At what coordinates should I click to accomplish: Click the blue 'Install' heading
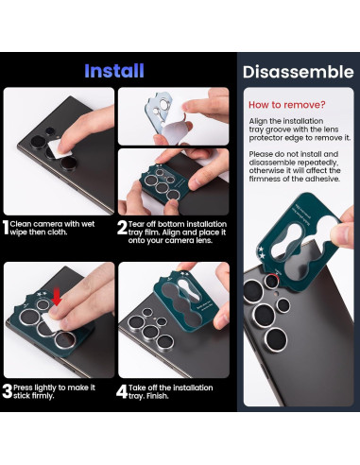(113, 71)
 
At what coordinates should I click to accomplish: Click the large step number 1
(6, 228)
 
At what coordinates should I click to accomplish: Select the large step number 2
(123, 228)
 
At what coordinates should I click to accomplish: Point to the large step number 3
(6, 387)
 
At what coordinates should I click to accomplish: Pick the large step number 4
(123, 387)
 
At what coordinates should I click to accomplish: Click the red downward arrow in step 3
(56, 300)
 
